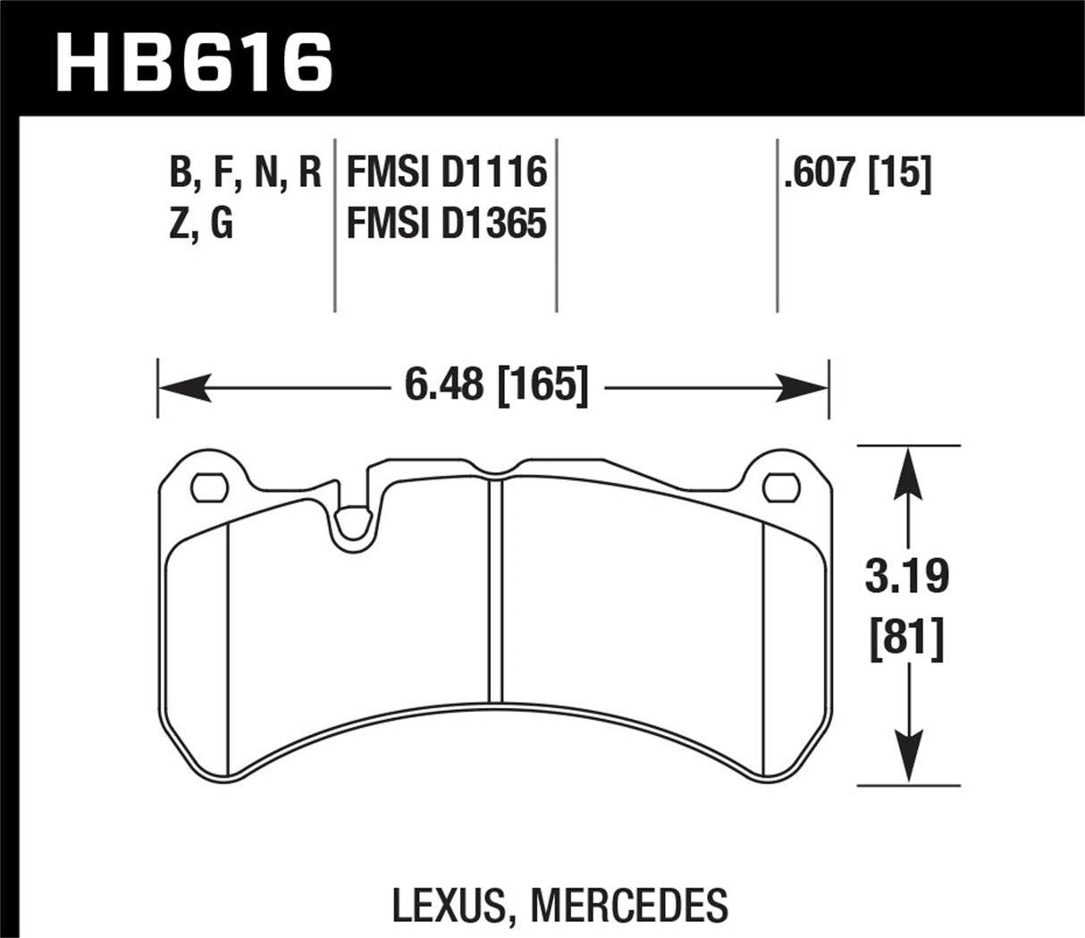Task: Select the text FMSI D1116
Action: [x=446, y=172]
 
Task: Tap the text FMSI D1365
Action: [x=446, y=224]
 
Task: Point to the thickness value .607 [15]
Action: [x=856, y=172]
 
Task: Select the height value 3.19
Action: [x=907, y=577]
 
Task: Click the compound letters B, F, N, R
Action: [x=245, y=172]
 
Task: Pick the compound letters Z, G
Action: [x=201, y=224]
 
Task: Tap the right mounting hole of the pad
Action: [x=780, y=487]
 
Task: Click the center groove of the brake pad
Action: [x=497, y=590]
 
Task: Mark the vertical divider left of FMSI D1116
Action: [x=334, y=224]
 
